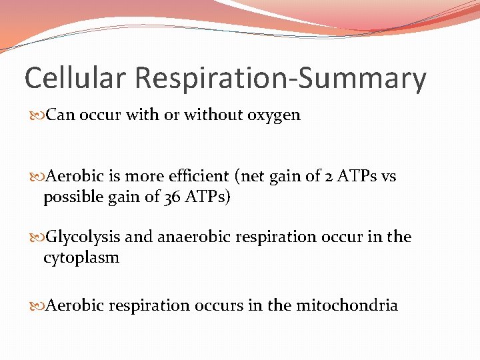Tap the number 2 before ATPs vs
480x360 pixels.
(x=331, y=177)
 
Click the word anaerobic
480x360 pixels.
(x=188, y=237)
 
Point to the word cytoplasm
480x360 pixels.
(x=81, y=258)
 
